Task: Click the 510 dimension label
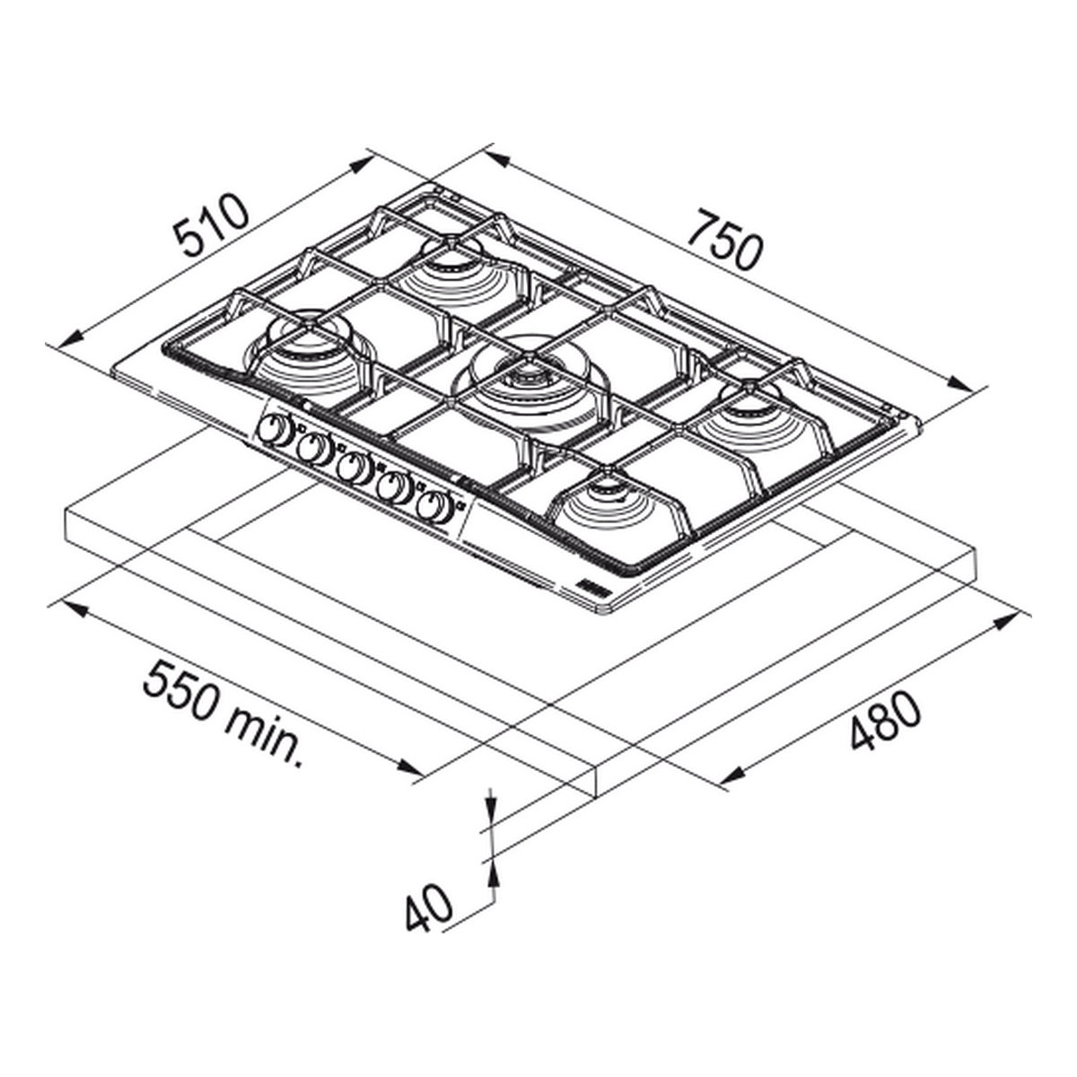210,224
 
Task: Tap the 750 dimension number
724,241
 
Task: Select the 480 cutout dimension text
885,721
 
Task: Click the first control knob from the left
275,431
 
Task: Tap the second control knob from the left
314,448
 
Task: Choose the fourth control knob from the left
395,486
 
